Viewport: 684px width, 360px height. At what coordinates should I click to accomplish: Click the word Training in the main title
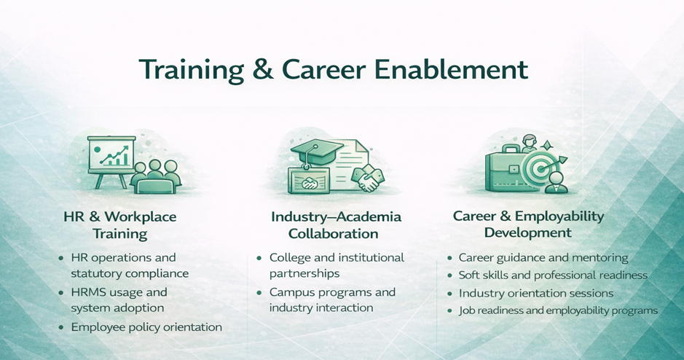[x=192, y=70]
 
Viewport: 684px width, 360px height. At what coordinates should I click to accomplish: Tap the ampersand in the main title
[x=263, y=70]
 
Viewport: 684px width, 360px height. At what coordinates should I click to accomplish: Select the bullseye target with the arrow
[x=541, y=168]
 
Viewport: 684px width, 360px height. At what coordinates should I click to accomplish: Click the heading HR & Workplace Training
[x=120, y=225]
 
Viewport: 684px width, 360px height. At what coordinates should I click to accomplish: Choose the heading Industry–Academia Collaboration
[x=336, y=225]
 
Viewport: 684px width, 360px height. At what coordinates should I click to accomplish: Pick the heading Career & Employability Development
[x=528, y=224]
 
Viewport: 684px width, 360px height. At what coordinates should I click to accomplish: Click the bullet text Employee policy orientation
[x=146, y=326]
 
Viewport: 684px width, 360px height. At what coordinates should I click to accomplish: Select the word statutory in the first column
[x=95, y=274]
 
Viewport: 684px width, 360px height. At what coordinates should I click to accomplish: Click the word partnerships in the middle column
[x=304, y=274]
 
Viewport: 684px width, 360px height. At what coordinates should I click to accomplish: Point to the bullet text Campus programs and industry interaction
[x=332, y=300]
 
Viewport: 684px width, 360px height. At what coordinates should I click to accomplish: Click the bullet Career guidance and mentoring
[x=543, y=258]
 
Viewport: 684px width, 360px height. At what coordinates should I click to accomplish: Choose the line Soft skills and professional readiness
[x=553, y=275]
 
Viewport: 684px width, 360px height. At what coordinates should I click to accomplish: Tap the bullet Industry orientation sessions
[x=536, y=293]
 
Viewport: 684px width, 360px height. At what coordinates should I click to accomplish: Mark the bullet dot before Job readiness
[x=449, y=310]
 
